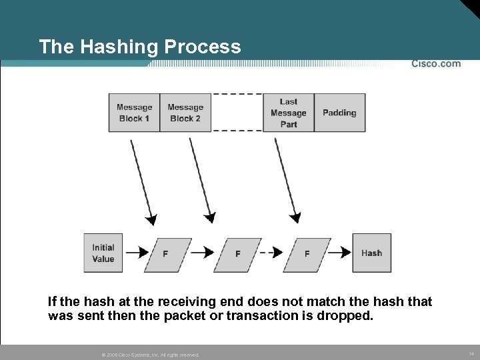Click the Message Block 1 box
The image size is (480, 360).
click(x=134, y=113)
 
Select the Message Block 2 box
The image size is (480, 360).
click(x=185, y=113)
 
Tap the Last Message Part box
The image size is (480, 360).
click(x=288, y=113)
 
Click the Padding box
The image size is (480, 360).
click(x=339, y=113)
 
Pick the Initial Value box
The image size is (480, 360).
click(x=103, y=253)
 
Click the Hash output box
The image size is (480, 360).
click(x=371, y=253)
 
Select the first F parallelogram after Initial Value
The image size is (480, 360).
click(x=165, y=253)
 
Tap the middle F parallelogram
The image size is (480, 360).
click(x=237, y=253)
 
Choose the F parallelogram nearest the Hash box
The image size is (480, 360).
click(x=307, y=253)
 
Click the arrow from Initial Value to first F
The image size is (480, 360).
click(x=137, y=253)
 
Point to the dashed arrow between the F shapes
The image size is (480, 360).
click(x=270, y=253)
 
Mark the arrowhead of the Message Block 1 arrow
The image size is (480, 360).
click(x=153, y=220)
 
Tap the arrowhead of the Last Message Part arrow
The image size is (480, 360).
click(x=295, y=217)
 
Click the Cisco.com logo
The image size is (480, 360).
click(x=435, y=64)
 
